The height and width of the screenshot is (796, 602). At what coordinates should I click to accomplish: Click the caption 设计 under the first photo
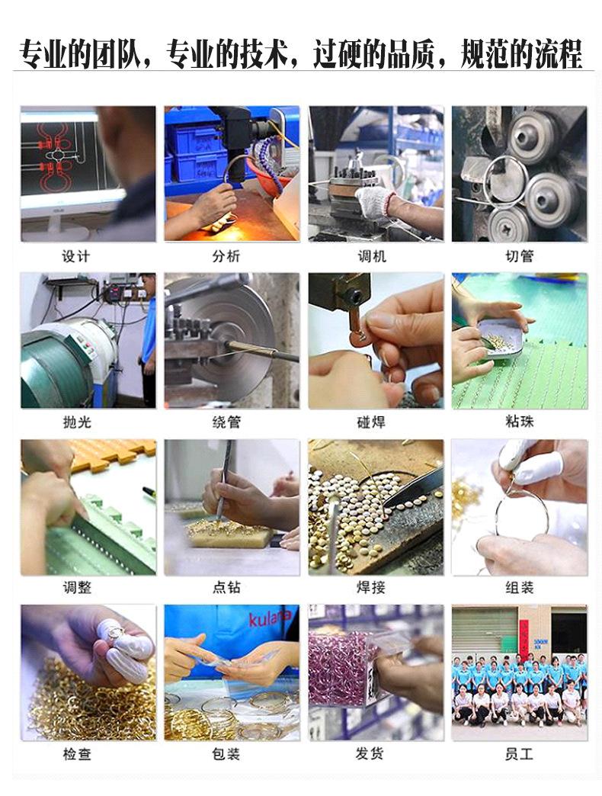point(76,256)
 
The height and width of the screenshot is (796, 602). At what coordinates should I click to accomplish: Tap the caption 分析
point(226,256)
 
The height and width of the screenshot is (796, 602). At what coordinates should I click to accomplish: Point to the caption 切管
point(520,256)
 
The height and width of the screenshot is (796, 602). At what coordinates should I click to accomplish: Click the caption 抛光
point(76,422)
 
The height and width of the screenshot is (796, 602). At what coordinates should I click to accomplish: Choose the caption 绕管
point(226,422)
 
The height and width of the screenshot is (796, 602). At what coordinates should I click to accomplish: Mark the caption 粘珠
point(520,422)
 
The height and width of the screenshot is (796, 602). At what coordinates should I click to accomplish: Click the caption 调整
point(76,588)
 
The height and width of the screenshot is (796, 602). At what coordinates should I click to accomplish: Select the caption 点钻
point(226,588)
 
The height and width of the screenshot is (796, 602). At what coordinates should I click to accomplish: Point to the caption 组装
point(520,588)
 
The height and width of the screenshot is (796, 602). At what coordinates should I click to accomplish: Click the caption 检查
point(76,754)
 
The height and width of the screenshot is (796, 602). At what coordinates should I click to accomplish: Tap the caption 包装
point(226,754)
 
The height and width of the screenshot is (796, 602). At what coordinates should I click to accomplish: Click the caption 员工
point(520,754)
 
